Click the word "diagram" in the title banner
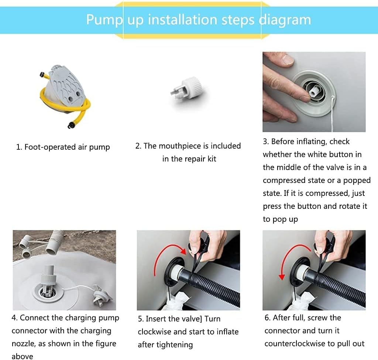285,20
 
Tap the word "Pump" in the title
104,20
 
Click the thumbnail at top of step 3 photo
288,59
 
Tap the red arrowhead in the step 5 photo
184,251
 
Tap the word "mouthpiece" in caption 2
180,146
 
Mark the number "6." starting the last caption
268,318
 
